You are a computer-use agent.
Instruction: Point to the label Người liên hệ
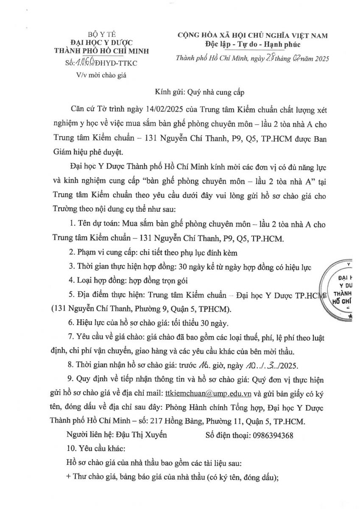(86, 434)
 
